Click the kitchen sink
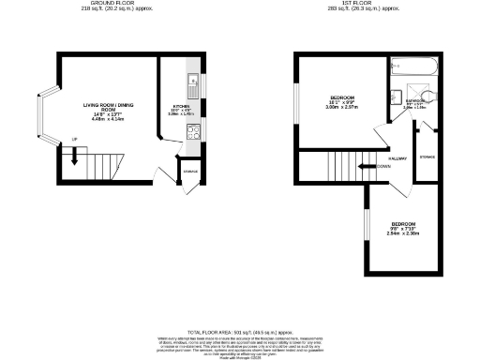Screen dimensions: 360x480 pos(191,87)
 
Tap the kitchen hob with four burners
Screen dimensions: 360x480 pos(191,131)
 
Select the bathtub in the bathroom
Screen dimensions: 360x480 pos(413,68)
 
